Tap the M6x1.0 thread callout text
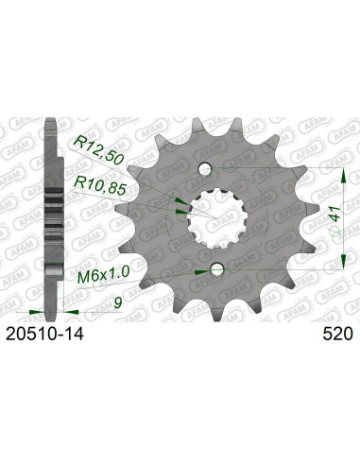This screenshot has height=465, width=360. pos(96,277)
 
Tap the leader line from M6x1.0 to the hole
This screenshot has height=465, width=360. pos(161,274)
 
